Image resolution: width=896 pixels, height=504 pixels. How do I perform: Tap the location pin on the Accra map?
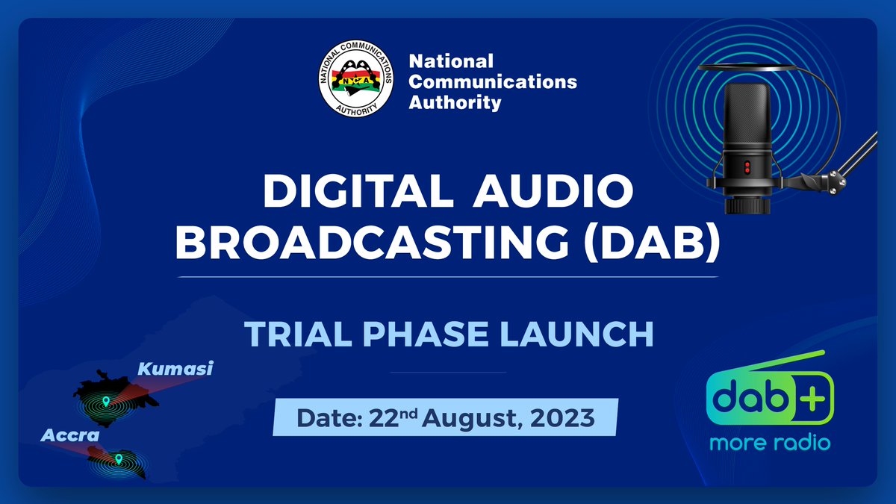pos(118,458)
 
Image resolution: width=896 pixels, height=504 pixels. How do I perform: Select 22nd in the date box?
pos(393,418)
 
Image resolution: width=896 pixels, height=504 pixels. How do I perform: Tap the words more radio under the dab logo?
pos(770,443)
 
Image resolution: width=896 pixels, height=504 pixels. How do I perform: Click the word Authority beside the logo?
pos(455,102)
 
